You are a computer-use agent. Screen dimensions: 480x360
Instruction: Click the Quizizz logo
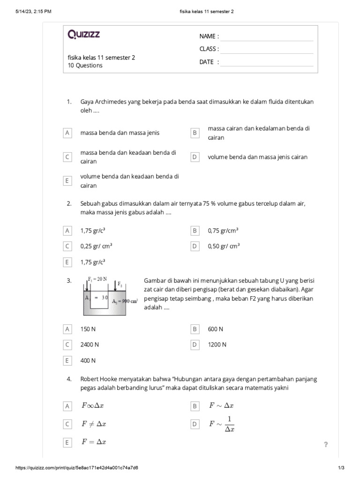point(84,34)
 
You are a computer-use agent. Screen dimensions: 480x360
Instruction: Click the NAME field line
point(267,37)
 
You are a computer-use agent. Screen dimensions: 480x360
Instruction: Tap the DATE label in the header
point(207,62)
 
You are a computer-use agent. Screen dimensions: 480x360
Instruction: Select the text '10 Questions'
point(85,66)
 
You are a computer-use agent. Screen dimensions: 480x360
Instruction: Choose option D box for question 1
point(195,157)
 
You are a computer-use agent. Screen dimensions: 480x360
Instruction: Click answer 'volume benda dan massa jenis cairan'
point(258,157)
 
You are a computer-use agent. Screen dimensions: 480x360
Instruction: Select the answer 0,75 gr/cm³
point(223,231)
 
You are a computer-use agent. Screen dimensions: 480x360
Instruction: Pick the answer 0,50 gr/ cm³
point(224,246)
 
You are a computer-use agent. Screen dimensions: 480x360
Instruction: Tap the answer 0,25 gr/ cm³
point(96,246)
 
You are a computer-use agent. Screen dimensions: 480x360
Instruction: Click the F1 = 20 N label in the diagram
point(97,279)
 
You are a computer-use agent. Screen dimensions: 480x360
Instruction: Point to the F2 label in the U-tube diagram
point(120,285)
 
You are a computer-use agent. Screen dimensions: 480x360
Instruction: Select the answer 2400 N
point(90,345)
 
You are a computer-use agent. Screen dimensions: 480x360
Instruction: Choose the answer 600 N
point(216,329)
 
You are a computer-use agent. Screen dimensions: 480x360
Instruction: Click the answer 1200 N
point(217,345)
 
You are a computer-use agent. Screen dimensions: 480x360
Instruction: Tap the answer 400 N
point(88,360)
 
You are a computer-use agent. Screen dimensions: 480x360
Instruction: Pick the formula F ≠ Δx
point(94,424)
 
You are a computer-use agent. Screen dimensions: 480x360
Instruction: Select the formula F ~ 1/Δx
point(222,424)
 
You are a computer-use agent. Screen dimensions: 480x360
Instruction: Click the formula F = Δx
point(94,442)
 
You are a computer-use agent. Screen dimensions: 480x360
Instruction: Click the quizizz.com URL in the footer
point(77,468)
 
